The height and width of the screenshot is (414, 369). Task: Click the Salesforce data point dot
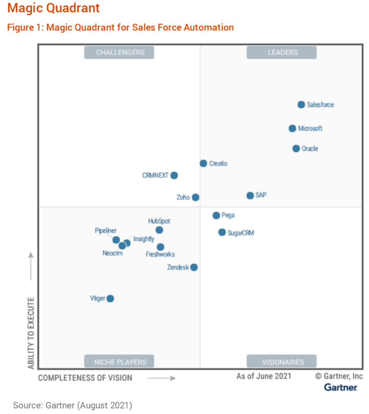point(301,104)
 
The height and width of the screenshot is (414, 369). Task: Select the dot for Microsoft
point(292,128)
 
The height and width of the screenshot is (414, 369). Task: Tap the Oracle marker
point(296,148)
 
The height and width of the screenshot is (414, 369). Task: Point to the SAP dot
point(250,196)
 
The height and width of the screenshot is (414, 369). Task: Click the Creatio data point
point(203,163)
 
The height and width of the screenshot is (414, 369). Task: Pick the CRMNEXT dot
point(174,175)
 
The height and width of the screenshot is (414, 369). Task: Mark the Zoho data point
point(195,197)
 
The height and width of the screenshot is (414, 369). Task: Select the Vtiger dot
point(110,298)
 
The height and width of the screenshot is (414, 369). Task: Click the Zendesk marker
point(194,267)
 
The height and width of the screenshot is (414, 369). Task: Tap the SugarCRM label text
point(241,233)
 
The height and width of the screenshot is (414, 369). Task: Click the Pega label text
point(228,215)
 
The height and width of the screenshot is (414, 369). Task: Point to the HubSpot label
point(159,221)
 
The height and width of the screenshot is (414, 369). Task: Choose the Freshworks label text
point(160,254)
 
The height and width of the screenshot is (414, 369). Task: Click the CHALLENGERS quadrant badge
point(119,52)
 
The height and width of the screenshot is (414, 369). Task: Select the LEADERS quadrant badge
point(282,52)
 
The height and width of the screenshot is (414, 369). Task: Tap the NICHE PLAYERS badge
point(119,361)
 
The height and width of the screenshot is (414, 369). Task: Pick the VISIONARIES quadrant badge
point(282,361)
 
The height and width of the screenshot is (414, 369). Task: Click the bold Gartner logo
point(340,387)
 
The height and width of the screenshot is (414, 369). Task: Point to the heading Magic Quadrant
point(53,8)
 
